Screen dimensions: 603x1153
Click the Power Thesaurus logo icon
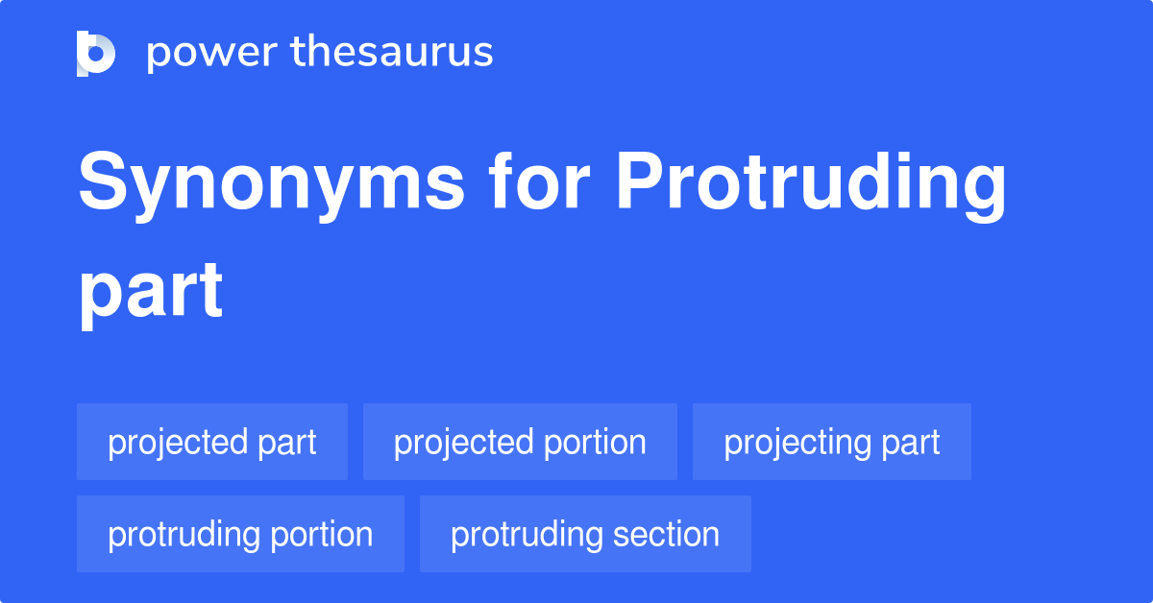pyautogui.click(x=96, y=53)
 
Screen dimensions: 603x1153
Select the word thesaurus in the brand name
pyautogui.click(x=393, y=53)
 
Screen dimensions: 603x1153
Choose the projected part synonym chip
pyautogui.click(x=212, y=442)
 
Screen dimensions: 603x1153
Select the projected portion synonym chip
pyautogui.click(x=520, y=442)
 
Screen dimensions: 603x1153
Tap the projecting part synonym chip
pyautogui.click(x=832, y=442)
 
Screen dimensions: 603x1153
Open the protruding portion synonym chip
pyautogui.click(x=240, y=534)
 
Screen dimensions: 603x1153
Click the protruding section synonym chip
pyautogui.click(x=585, y=534)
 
